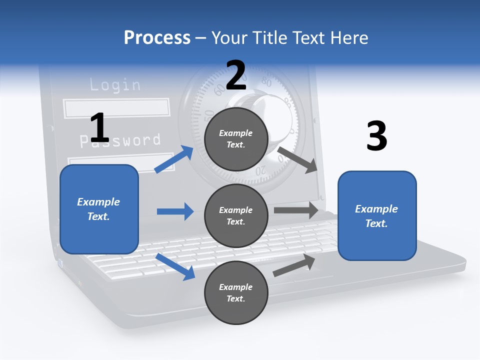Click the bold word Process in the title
tap(157, 37)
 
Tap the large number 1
tap(99, 128)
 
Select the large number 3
tap(376, 136)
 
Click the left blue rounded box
tap(99, 209)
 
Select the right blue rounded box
tap(377, 215)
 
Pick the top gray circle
tap(236, 139)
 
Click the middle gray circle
tap(236, 215)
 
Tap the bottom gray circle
tap(236, 292)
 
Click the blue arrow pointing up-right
tap(174, 159)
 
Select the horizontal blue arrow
tap(175, 211)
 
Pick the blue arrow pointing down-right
tap(175, 266)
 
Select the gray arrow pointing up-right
tap(294, 265)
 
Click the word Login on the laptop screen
tap(115, 84)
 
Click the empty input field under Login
tap(116, 108)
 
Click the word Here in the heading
tap(348, 37)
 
